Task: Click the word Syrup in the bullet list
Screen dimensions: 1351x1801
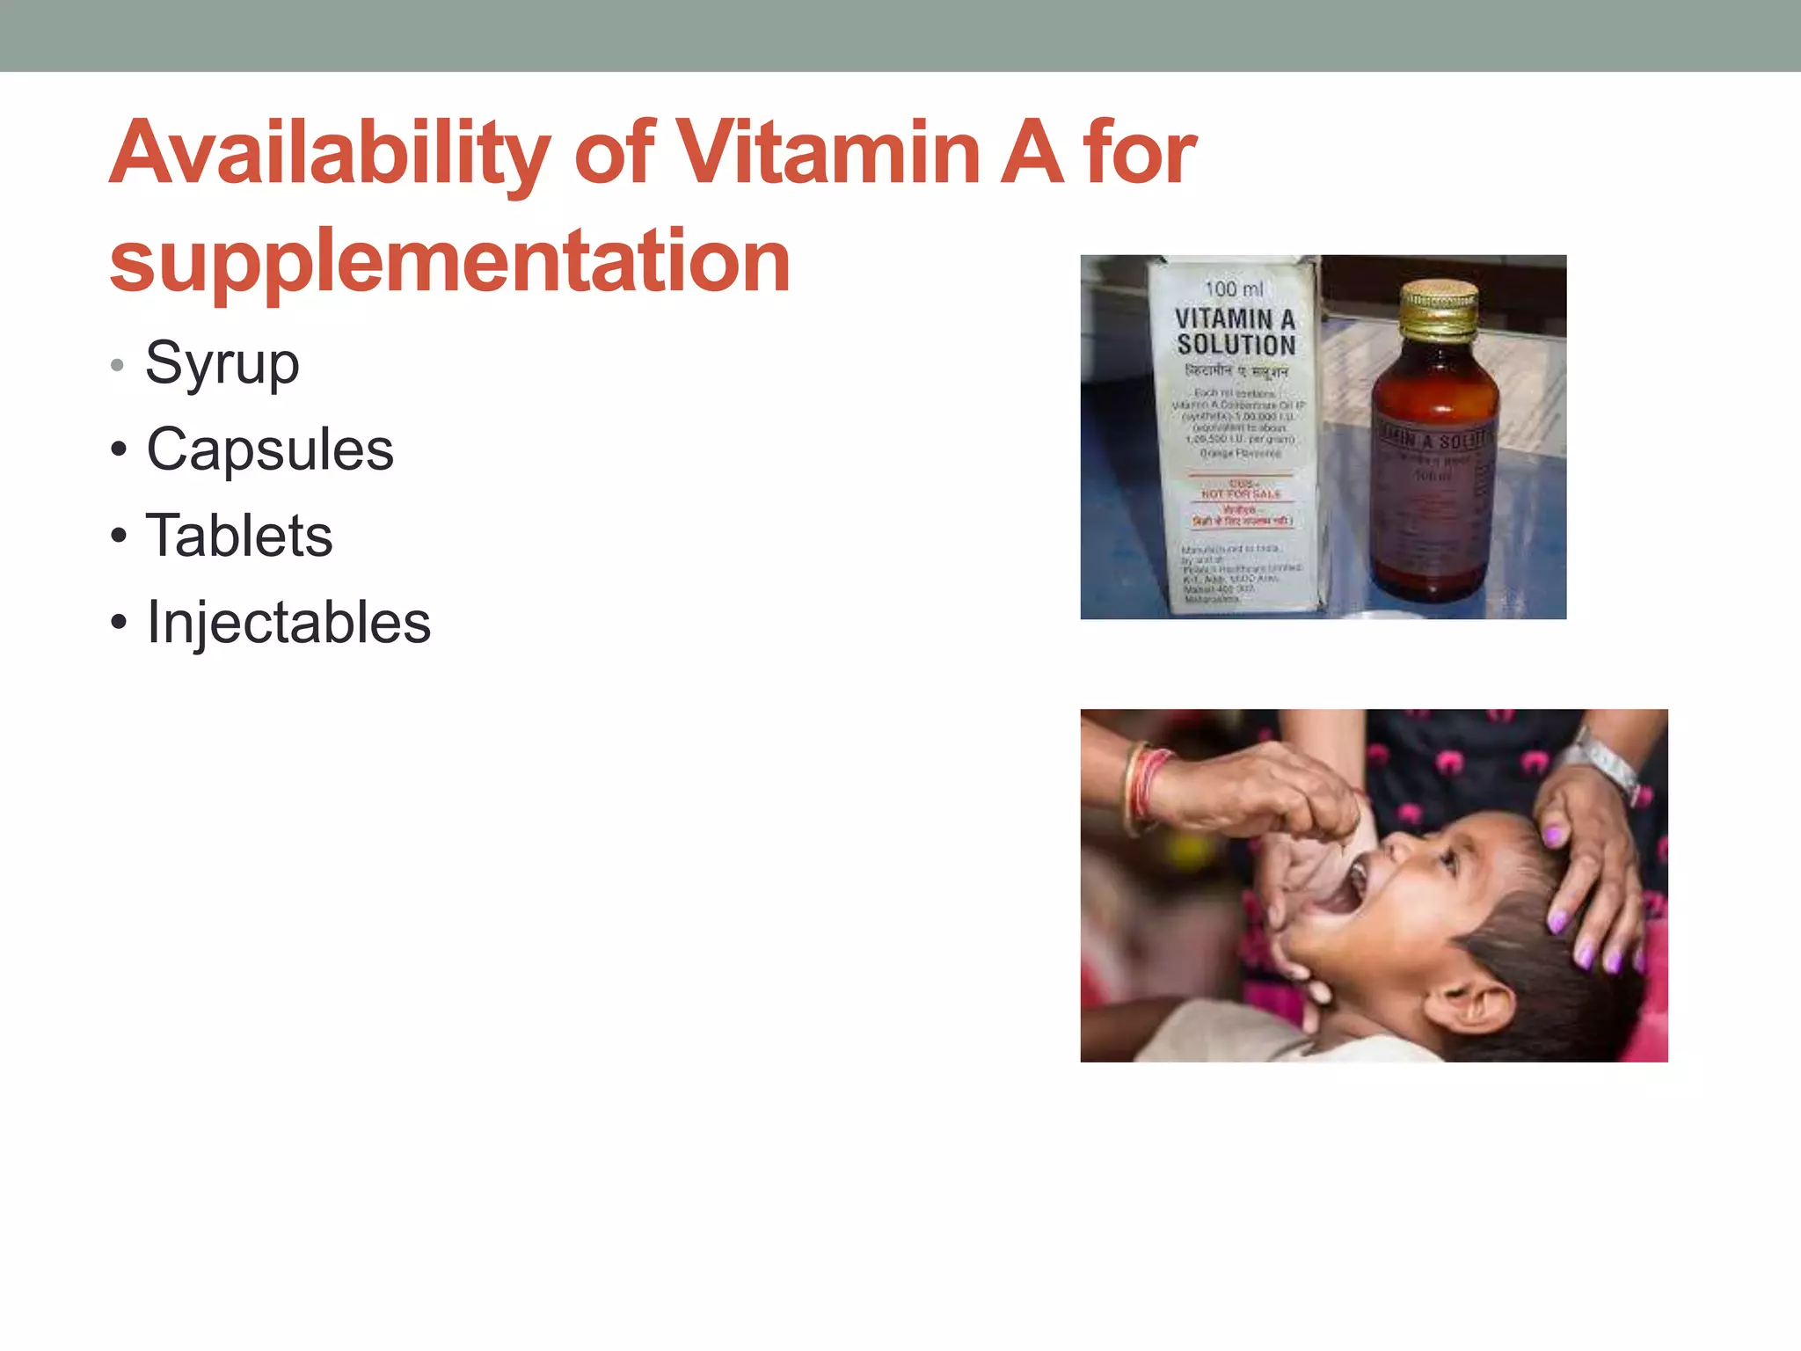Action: [222, 363]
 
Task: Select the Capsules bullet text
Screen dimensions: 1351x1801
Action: [270, 449]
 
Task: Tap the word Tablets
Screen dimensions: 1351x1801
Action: [239, 536]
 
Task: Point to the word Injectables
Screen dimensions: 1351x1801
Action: [288, 622]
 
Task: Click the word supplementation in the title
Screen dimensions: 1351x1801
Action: [449, 260]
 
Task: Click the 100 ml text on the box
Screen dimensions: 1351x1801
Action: [1233, 288]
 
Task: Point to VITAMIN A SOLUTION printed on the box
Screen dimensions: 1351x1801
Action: [1236, 331]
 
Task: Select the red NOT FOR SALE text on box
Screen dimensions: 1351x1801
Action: [1241, 493]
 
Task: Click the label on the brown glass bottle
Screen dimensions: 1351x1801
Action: [1433, 466]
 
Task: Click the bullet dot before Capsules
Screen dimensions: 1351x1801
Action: [119, 450]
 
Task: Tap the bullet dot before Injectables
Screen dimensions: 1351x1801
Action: [119, 623]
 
